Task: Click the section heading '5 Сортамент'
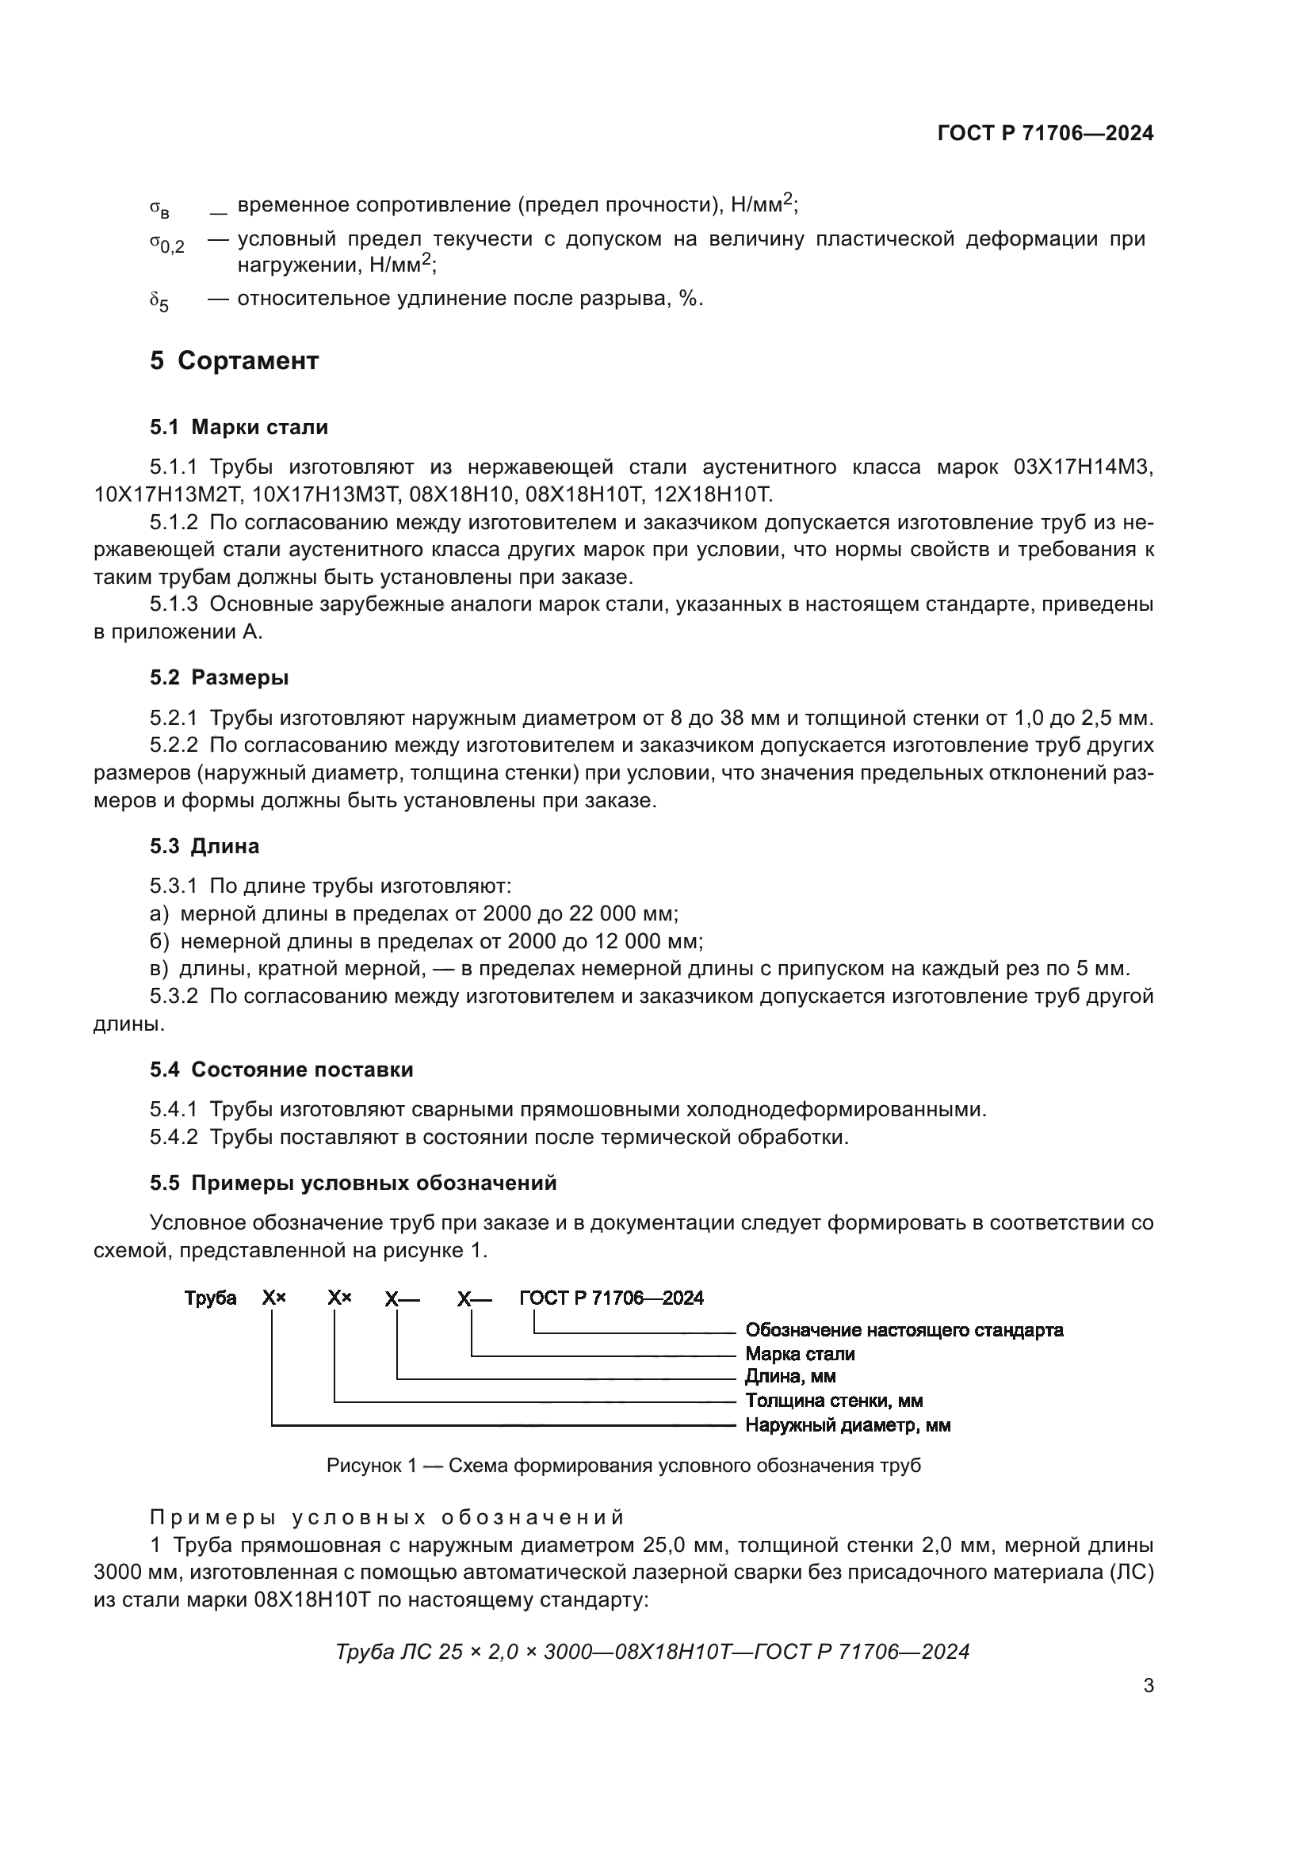234,360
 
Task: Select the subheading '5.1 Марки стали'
239,427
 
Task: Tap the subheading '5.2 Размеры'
219,678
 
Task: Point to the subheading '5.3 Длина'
204,847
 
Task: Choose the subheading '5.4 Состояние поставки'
281,1070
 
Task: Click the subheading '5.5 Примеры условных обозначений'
353,1183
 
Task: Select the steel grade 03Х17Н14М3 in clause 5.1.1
1083,467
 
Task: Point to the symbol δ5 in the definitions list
159,303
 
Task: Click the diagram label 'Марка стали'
799,1354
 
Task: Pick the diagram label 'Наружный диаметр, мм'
847,1425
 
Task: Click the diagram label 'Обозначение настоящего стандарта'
904,1330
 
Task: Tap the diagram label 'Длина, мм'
789,1377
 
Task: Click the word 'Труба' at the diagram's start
210,1298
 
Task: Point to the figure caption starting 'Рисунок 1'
623,1466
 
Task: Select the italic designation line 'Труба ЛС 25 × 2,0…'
652,1652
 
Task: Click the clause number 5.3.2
174,997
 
